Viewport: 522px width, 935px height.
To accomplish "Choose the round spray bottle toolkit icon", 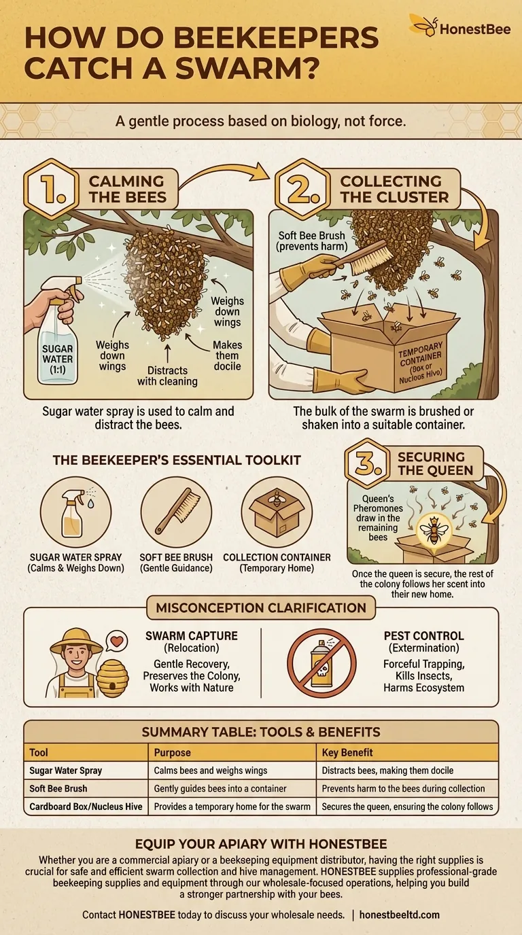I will tap(75, 512).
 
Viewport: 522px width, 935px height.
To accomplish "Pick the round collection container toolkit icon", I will tap(277, 512).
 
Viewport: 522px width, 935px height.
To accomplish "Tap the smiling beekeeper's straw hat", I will tap(75, 640).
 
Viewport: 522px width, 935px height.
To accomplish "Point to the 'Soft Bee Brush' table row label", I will tap(59, 788).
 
